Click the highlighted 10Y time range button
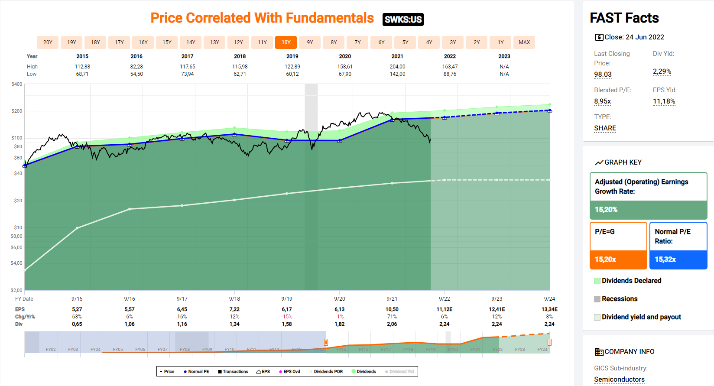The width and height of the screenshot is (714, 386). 286,42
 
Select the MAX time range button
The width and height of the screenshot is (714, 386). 524,42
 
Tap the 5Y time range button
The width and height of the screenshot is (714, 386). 405,42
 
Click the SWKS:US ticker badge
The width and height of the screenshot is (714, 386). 403,19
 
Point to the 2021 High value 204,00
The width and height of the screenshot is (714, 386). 397,67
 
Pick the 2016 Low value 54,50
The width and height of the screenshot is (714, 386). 136,74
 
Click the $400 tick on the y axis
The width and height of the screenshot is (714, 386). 17,84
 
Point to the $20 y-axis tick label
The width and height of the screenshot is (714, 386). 18,201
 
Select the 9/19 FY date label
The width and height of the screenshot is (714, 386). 287,299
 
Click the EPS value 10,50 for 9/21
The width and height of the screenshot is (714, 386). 392,309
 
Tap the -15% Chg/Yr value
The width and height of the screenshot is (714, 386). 287,317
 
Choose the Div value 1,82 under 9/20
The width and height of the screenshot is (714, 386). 340,324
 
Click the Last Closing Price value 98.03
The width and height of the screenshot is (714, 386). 603,75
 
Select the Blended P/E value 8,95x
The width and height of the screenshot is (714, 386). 602,101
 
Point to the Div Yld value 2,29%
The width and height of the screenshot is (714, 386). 662,71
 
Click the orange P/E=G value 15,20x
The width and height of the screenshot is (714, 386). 605,259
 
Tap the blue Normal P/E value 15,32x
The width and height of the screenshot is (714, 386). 665,259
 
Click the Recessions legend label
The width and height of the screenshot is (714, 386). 620,299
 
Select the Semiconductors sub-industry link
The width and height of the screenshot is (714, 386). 619,380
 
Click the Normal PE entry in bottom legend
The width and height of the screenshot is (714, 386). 198,372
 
